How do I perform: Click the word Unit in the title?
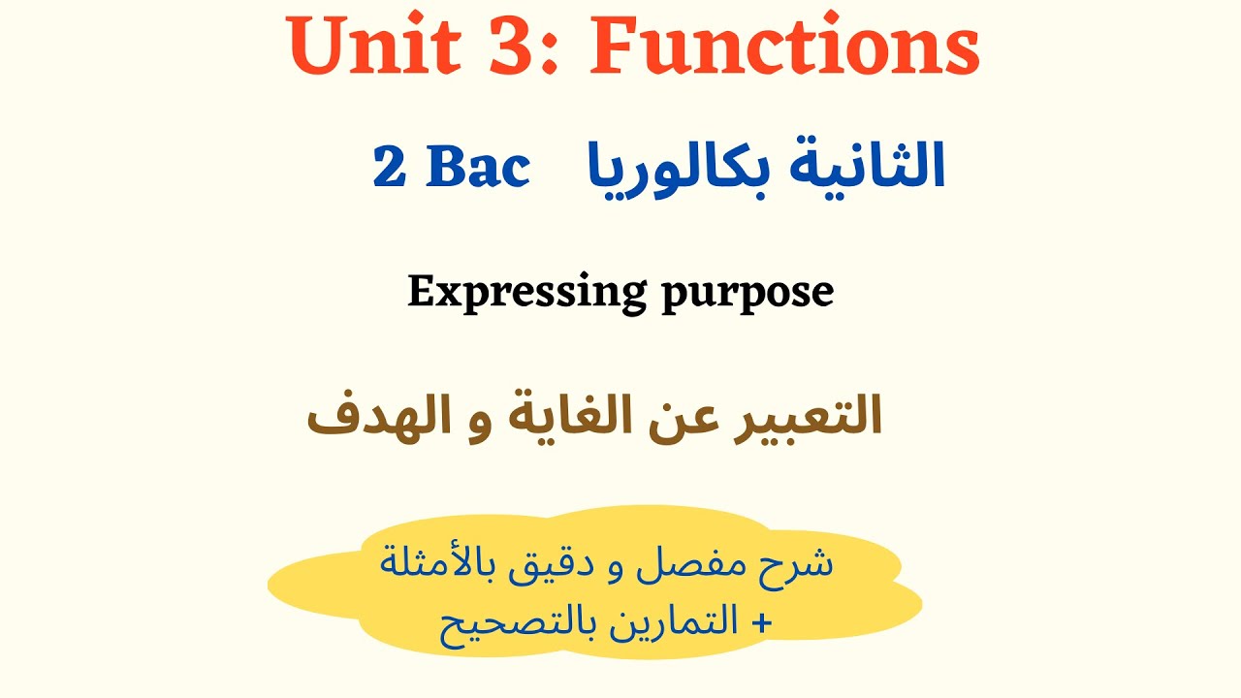click(363, 48)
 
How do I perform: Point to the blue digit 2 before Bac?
click(389, 169)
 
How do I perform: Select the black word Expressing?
click(527, 292)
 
